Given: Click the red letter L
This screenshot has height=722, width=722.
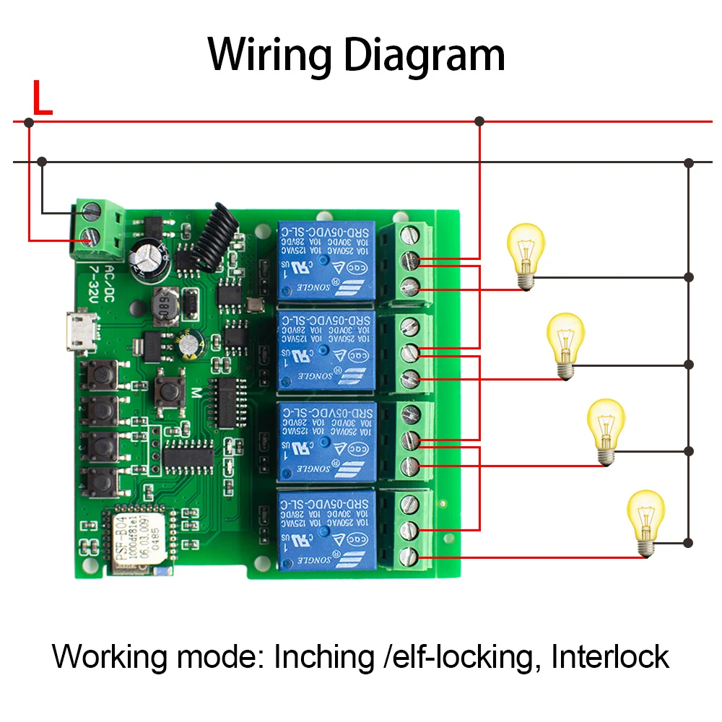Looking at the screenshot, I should click(42, 100).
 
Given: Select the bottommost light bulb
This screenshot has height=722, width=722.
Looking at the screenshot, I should click(645, 521).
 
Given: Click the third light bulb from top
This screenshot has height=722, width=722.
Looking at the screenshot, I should click(606, 430).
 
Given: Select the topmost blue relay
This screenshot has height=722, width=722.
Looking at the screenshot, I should click(326, 260).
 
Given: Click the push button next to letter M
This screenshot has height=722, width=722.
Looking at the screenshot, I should click(170, 390).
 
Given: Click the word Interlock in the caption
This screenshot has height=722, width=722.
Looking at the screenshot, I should click(610, 656).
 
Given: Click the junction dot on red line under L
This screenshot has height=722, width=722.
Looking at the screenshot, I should click(29, 123).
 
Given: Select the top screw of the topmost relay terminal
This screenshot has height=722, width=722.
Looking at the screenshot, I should click(411, 235).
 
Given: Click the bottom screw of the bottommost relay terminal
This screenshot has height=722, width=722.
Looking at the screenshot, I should click(411, 556).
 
